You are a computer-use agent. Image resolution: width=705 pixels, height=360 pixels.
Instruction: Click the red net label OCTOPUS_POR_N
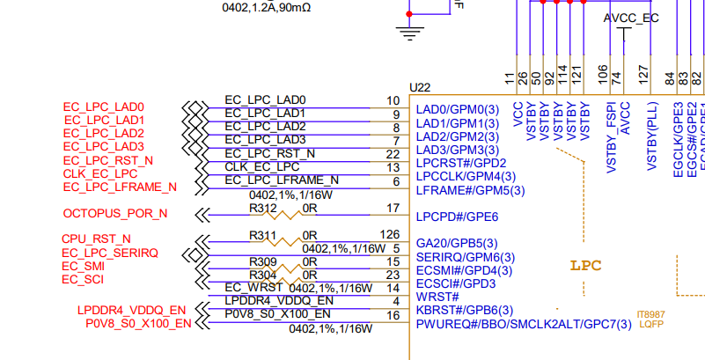click(114, 214)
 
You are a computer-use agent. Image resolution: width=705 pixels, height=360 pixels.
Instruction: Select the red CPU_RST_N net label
click(96, 239)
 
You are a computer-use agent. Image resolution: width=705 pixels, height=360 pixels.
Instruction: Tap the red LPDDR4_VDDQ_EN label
click(131, 310)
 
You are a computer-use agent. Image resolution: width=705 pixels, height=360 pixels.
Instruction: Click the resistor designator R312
click(262, 209)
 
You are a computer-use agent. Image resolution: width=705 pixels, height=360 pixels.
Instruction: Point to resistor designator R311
click(262, 235)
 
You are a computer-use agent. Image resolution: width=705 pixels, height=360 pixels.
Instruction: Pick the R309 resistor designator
click(262, 262)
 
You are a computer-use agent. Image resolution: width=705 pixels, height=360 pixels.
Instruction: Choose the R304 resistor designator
click(262, 274)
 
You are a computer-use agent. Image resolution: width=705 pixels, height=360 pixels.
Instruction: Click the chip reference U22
click(421, 88)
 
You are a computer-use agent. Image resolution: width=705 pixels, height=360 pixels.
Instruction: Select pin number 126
click(390, 234)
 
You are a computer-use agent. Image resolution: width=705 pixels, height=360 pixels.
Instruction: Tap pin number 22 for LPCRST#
click(393, 154)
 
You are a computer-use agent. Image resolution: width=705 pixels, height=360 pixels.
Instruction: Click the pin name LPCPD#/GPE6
click(457, 217)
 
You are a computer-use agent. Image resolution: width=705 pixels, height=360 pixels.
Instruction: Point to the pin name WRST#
click(437, 297)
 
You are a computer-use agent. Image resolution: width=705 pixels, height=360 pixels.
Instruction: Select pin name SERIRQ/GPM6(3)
click(464, 257)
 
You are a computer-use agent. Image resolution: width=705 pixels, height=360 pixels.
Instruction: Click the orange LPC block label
click(585, 265)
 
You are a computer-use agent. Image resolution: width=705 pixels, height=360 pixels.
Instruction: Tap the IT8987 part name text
click(650, 314)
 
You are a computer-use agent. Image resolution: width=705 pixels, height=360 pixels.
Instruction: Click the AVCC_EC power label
click(631, 18)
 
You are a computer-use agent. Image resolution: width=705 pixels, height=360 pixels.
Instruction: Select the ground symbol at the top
click(408, 33)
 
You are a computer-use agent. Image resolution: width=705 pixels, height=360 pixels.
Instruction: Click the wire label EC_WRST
click(253, 287)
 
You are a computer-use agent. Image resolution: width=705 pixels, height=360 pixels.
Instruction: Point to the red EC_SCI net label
click(83, 279)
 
